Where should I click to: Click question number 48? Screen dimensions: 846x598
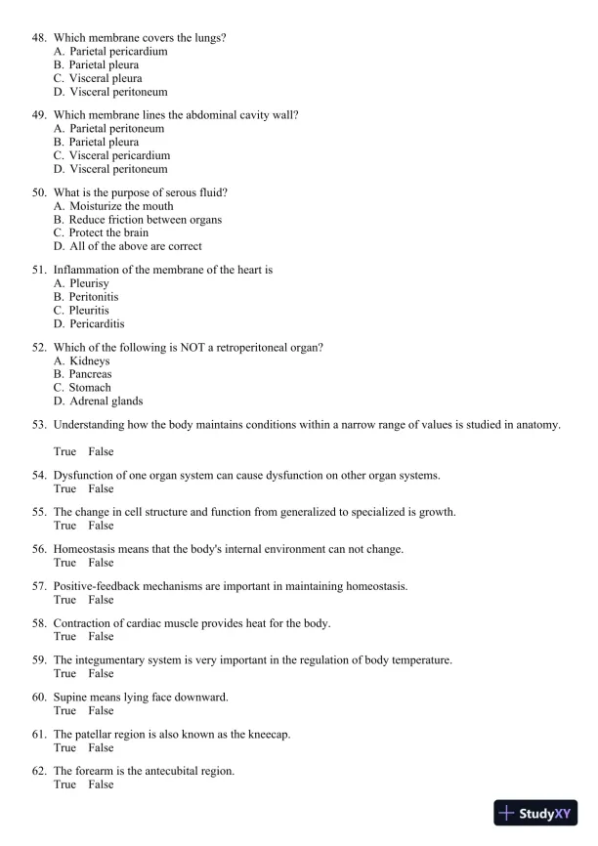coord(39,37)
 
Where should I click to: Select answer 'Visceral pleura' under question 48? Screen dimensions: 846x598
coord(105,78)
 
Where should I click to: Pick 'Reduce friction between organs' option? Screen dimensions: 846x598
coord(145,220)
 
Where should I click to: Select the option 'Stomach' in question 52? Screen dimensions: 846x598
coord(89,387)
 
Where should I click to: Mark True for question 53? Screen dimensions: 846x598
coord(64,451)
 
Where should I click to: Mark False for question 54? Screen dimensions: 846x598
coord(101,488)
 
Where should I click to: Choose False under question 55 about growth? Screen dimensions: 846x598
coord(101,526)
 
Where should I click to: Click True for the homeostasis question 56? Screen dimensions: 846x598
coord(64,563)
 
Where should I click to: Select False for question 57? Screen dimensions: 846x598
coord(101,600)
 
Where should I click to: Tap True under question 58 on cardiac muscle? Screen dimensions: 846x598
coord(64,637)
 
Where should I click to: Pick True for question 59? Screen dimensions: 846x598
coord(64,674)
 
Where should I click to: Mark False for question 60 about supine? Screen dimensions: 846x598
coord(101,711)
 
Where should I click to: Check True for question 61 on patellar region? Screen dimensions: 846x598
coord(64,747)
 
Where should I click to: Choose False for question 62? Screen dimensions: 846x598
coord(101,784)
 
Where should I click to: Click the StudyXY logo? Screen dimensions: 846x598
coord(536,813)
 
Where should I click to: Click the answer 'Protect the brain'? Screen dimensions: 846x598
coord(108,233)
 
